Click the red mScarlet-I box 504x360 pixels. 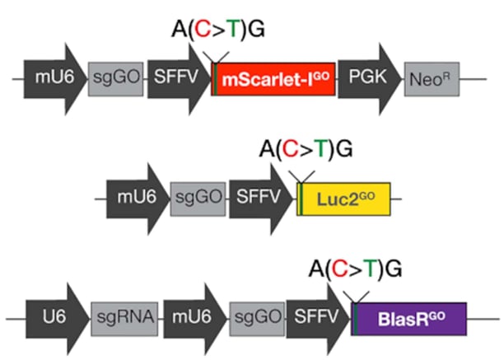coord(273,79)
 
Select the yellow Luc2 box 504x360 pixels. coord(343,199)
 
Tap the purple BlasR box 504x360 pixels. coord(408,319)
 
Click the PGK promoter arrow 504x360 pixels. coord(370,79)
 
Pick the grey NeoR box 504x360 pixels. coord(432,79)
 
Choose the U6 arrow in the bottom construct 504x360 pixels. coord(58,319)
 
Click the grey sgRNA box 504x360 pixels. coord(124,319)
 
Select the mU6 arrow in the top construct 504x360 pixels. coord(55,79)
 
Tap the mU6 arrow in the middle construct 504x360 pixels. coord(138,199)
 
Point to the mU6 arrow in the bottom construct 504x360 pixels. coord(195,319)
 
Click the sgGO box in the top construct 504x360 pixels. coord(116,79)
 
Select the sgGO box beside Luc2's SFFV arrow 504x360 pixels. coord(198,199)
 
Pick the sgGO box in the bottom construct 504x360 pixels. coord(257,319)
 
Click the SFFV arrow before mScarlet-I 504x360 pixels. coord(179,79)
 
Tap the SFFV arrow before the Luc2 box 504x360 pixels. coord(261,199)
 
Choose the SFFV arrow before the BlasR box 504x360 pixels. coord(318,319)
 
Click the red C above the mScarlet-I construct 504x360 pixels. coord(203,29)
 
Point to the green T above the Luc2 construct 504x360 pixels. coord(321,148)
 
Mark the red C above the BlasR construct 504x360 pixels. coord(340,269)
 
